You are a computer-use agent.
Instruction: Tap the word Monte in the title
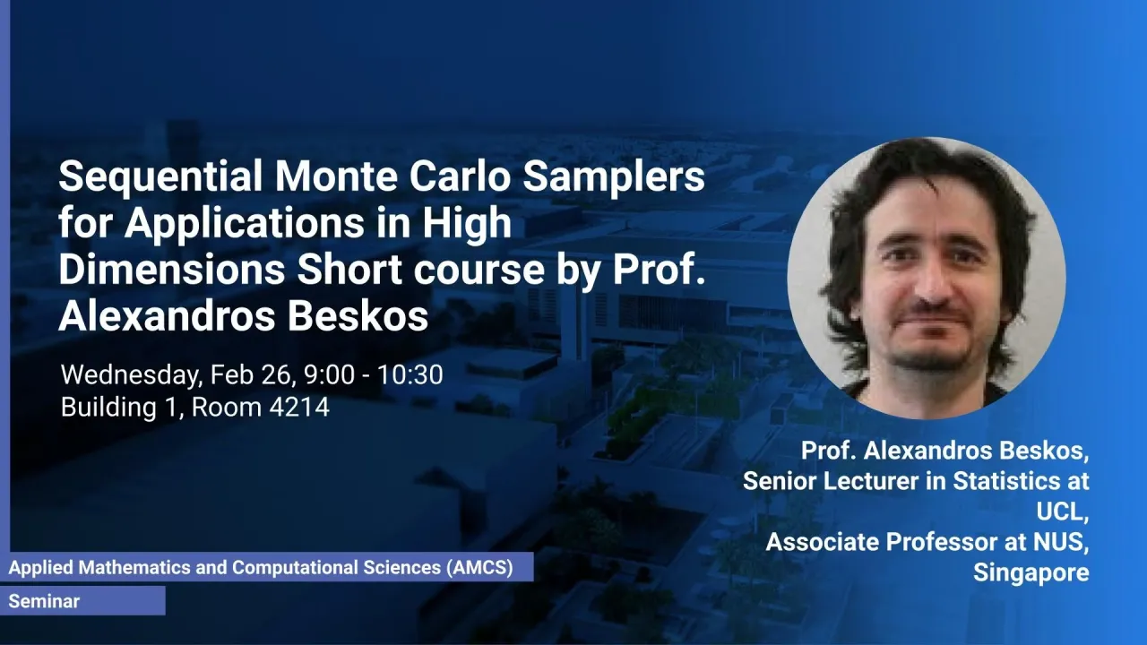(336, 176)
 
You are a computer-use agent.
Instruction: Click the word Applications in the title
(244, 223)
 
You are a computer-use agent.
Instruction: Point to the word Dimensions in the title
(172, 270)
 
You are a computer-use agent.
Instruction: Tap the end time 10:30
(410, 374)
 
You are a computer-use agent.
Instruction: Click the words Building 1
(120, 408)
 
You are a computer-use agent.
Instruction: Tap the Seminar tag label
(44, 601)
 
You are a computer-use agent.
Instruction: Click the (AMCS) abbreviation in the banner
(479, 568)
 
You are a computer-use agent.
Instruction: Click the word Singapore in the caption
(1031, 572)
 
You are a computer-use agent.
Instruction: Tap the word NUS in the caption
(1064, 542)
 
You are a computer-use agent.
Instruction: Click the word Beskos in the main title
(358, 315)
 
